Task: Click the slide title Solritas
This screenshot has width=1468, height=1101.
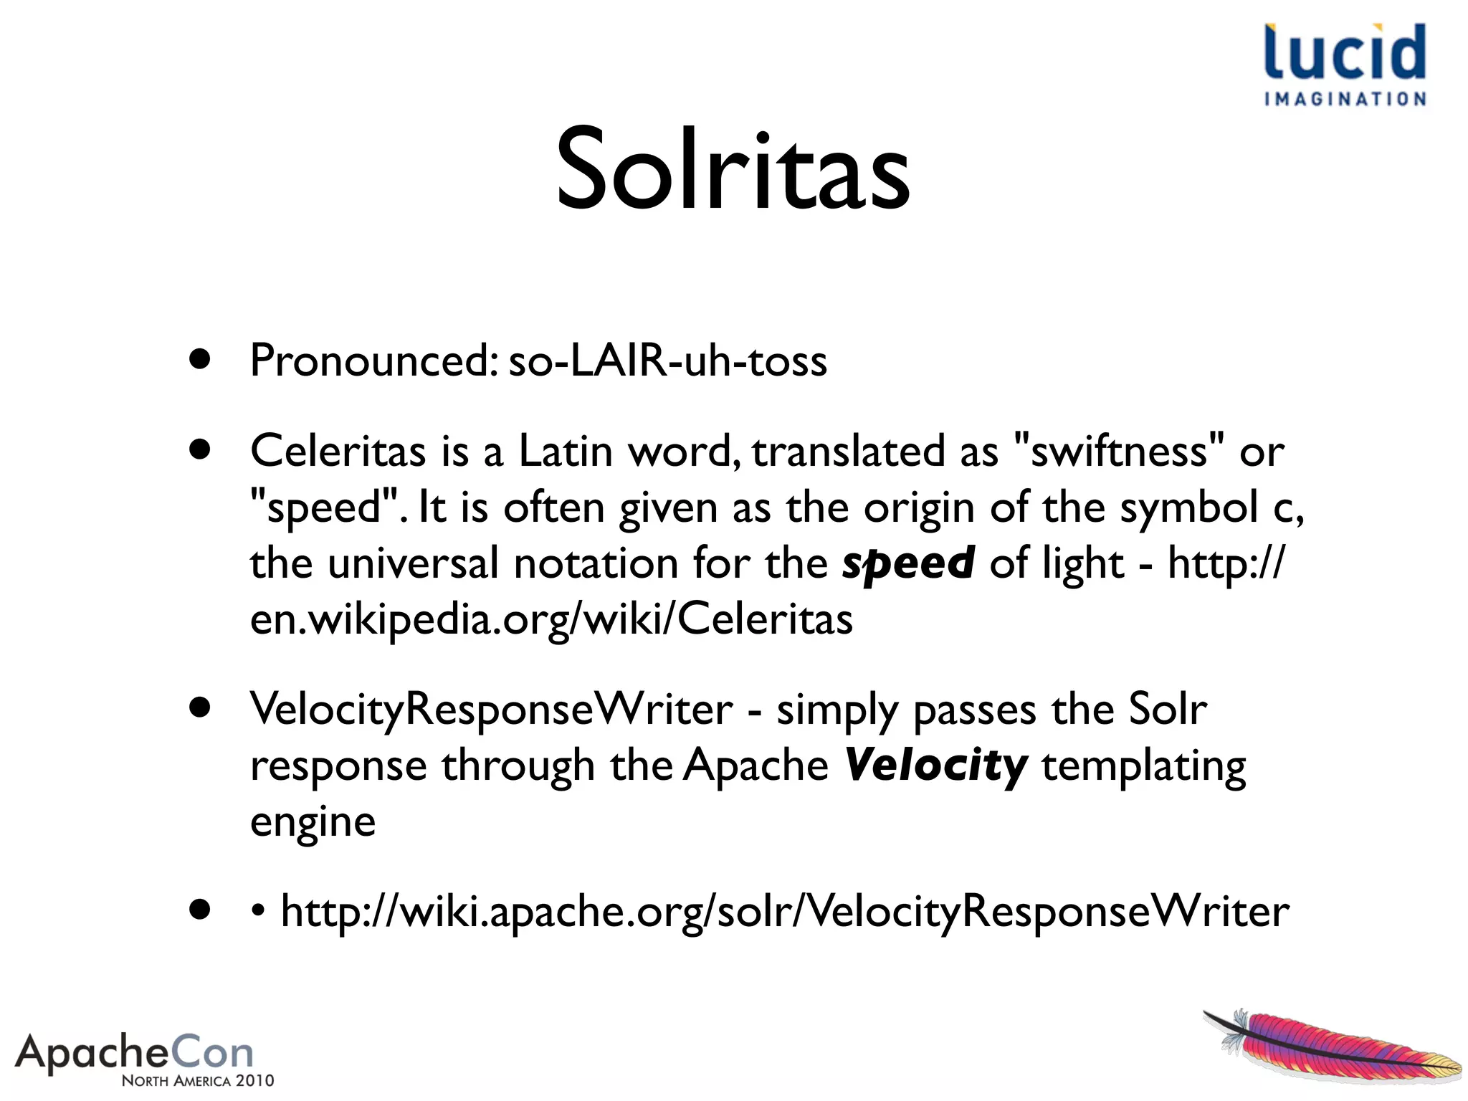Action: [733, 171]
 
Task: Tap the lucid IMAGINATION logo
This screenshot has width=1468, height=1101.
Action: [1345, 65]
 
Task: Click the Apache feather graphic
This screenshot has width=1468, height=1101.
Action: [1332, 1047]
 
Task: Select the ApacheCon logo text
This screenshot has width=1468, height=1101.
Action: [135, 1052]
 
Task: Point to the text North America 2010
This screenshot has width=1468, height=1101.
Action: [198, 1081]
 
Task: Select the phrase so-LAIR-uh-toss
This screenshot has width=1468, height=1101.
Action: [667, 361]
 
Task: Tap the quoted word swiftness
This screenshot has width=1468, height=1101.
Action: [1119, 452]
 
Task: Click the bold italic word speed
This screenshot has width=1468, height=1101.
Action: [907, 563]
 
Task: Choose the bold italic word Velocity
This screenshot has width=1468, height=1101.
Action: [935, 766]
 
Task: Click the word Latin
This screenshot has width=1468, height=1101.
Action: [565, 452]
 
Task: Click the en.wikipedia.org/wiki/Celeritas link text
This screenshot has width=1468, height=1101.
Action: [551, 619]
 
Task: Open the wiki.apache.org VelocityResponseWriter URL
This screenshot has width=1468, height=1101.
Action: [784, 912]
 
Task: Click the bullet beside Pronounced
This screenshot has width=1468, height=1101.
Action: [200, 359]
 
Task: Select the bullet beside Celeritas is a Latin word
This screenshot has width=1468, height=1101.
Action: [200, 450]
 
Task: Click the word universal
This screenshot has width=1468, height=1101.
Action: [413, 563]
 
